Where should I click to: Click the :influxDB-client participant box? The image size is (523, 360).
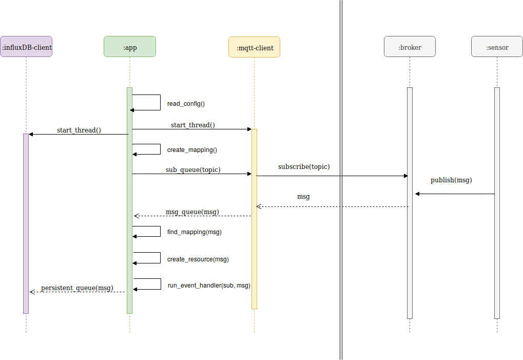point(26,47)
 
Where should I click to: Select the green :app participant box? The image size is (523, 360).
point(130,47)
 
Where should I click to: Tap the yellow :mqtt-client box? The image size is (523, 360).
point(254,47)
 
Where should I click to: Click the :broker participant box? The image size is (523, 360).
point(410,47)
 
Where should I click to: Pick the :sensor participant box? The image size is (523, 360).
point(497,47)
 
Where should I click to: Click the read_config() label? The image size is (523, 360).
point(186,104)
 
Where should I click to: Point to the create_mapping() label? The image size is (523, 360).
point(192,150)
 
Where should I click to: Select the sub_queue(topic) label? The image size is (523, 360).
point(193,169)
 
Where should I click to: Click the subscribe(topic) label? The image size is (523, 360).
point(304,167)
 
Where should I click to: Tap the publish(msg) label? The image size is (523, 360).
point(451,180)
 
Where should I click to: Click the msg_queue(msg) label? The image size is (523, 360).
point(192,212)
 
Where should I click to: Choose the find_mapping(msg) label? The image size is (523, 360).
point(194,232)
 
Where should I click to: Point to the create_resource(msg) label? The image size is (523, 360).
point(198,259)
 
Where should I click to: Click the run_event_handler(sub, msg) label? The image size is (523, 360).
point(209,286)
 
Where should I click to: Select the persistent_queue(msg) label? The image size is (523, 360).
point(77,288)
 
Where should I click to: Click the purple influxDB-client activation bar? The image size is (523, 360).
point(26,223)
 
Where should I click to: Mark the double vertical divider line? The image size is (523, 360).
point(341,180)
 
